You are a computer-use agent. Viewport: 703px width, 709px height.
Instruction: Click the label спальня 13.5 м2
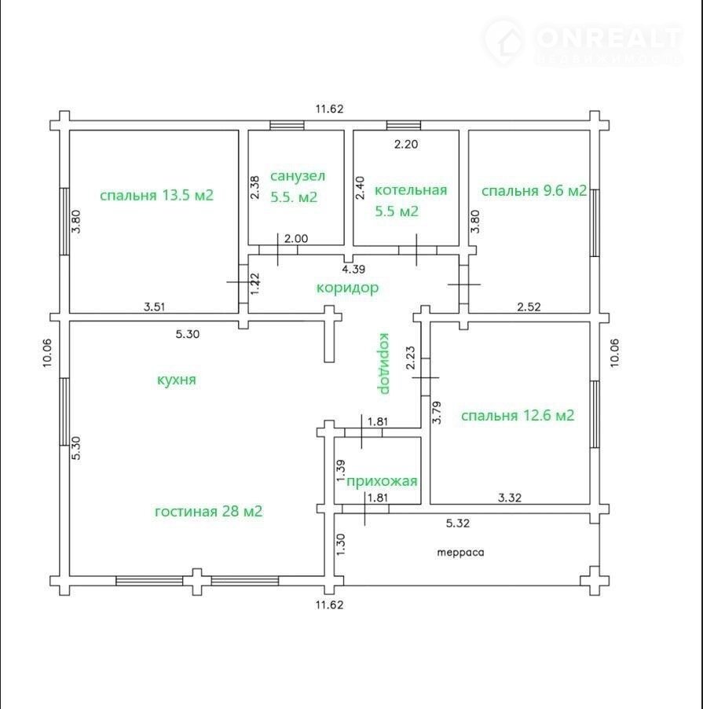point(156,196)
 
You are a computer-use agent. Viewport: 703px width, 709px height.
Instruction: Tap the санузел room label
point(297,175)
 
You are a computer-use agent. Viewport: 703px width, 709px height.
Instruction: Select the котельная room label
point(411,190)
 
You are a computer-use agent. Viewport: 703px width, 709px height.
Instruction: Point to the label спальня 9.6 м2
point(534,191)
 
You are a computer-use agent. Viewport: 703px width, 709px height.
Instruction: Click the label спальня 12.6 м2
point(518,415)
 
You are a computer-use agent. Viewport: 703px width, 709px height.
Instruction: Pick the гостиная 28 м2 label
point(208,512)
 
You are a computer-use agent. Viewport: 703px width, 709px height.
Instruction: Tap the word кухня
point(177,380)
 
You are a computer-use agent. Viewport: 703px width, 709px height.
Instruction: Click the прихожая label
point(382,482)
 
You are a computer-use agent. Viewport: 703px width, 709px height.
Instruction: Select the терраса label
point(461,552)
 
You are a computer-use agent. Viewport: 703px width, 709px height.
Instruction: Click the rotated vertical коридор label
point(383,363)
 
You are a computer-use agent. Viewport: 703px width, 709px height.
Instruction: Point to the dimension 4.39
point(353,269)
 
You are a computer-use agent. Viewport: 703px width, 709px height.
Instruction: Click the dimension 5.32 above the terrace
point(458,523)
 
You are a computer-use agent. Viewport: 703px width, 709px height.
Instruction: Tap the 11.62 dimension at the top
point(329,109)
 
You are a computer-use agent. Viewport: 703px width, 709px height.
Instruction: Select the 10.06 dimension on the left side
point(48,353)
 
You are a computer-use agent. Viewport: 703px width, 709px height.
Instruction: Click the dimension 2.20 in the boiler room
point(406,145)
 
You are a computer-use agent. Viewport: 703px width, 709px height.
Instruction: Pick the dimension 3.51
point(155,307)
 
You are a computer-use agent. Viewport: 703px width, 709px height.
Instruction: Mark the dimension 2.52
point(529,307)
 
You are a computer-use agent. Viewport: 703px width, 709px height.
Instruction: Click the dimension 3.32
point(510,498)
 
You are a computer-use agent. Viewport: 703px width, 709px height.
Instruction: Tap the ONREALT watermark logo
point(583,42)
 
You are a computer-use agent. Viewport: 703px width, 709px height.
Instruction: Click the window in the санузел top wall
point(287,125)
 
